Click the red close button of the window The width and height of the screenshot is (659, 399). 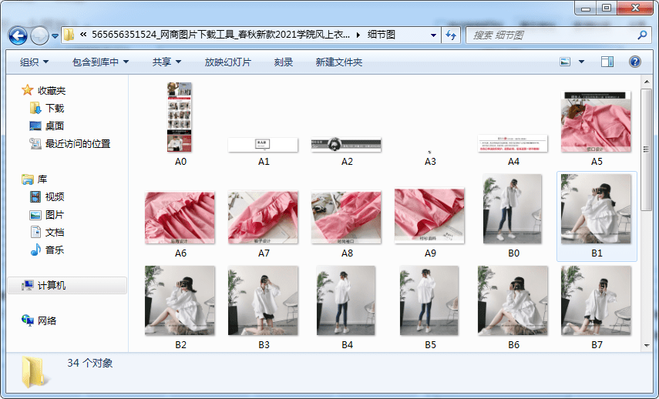click(x=634, y=8)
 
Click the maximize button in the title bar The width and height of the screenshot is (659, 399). click(x=607, y=8)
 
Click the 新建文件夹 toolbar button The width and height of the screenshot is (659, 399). click(x=338, y=62)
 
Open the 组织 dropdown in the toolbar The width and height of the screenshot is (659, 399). click(x=34, y=62)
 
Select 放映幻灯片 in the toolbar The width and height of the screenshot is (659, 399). click(x=227, y=62)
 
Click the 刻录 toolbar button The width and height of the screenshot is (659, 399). click(x=284, y=62)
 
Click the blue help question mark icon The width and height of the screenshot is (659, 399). click(x=635, y=62)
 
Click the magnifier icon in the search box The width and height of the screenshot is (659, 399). click(x=642, y=35)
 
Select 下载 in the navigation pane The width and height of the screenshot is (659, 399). click(x=55, y=109)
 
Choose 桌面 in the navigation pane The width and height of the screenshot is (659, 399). click(x=55, y=126)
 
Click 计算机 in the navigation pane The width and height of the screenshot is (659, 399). click(x=52, y=285)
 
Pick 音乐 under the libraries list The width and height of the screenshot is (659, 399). click(x=55, y=250)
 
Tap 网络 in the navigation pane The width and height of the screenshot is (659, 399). click(x=47, y=320)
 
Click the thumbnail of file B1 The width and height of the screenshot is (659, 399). click(x=597, y=209)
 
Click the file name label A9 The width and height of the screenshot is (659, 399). click(x=430, y=253)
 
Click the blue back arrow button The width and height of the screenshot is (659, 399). click(x=18, y=35)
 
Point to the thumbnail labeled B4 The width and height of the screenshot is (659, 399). click(x=347, y=300)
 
